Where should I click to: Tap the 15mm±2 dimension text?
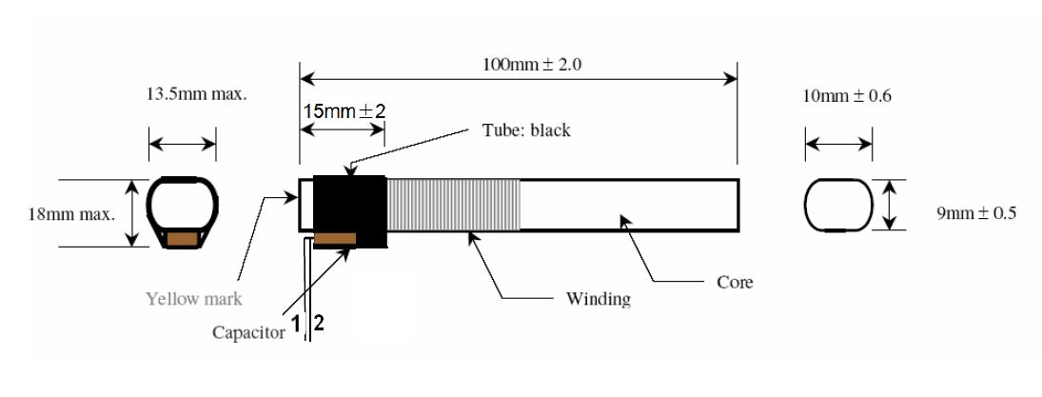tap(344, 110)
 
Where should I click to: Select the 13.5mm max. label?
tap(196, 93)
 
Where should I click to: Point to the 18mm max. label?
tap(71, 214)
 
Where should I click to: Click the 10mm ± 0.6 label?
tap(847, 96)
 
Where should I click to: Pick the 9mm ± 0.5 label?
tap(976, 213)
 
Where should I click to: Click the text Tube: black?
tap(525, 129)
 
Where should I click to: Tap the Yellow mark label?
tap(194, 299)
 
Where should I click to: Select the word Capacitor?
tap(248, 332)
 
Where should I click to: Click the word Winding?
tap(599, 298)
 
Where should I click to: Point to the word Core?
tap(735, 282)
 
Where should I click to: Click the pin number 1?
tap(296, 325)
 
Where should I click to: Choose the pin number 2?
tap(319, 324)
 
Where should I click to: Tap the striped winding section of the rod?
tap(454, 204)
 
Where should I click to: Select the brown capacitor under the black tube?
tap(334, 239)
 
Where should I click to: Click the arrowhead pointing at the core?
tap(625, 222)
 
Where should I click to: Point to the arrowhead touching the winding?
tap(473, 237)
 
